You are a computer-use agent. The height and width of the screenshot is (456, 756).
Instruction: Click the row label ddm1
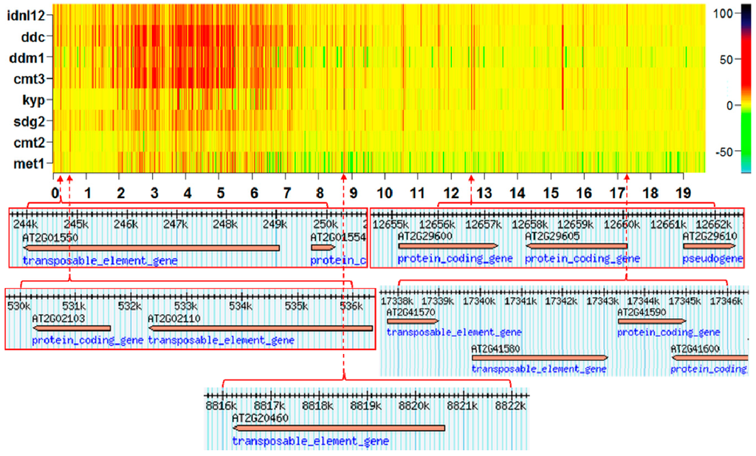[29, 57]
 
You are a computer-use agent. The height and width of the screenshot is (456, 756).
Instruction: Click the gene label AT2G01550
[49, 237]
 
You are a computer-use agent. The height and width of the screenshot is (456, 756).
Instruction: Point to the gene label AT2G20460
[260, 418]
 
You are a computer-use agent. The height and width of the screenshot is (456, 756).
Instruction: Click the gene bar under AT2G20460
[339, 428]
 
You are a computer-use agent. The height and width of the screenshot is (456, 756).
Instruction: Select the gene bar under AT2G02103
[72, 328]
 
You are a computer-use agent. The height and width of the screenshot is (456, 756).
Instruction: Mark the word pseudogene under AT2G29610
[711, 259]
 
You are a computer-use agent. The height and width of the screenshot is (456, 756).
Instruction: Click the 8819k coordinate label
[365, 406]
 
